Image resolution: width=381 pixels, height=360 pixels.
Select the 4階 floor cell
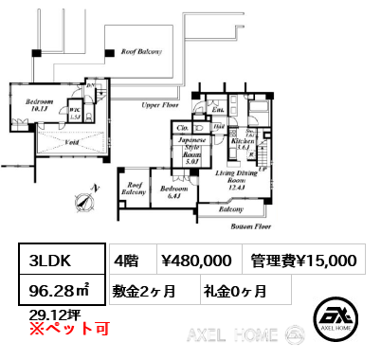click(x=127, y=260)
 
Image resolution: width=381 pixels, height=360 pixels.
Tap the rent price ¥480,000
click(x=195, y=260)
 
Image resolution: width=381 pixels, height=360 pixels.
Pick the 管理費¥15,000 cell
click(x=304, y=260)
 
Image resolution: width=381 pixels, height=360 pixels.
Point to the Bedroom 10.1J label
click(x=39, y=104)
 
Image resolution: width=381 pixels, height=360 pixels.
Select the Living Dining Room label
click(x=232, y=180)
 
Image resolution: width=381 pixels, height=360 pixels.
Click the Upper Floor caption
click(x=159, y=106)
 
